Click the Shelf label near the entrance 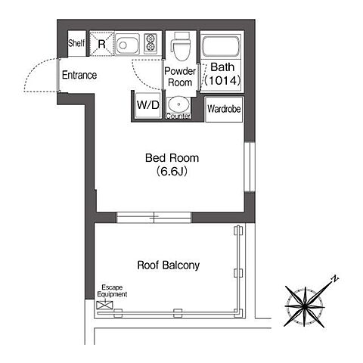[x=76, y=43]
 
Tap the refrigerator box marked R [x=101, y=43]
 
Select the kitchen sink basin [x=127, y=45]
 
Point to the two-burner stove [x=150, y=42]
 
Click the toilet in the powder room [x=181, y=46]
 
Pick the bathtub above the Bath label [x=221, y=47]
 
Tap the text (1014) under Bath [x=222, y=81]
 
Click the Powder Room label [x=180, y=77]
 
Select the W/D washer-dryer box [x=148, y=105]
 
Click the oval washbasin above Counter [x=178, y=104]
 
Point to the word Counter [x=178, y=116]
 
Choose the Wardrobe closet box [x=224, y=109]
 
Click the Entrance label [x=79, y=75]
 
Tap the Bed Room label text [x=172, y=158]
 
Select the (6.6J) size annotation [x=172, y=172]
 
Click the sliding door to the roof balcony [x=154, y=217]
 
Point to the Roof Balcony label [x=169, y=265]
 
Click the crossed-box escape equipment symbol [x=104, y=306]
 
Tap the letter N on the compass [x=335, y=279]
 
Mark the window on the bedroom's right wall [x=250, y=167]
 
